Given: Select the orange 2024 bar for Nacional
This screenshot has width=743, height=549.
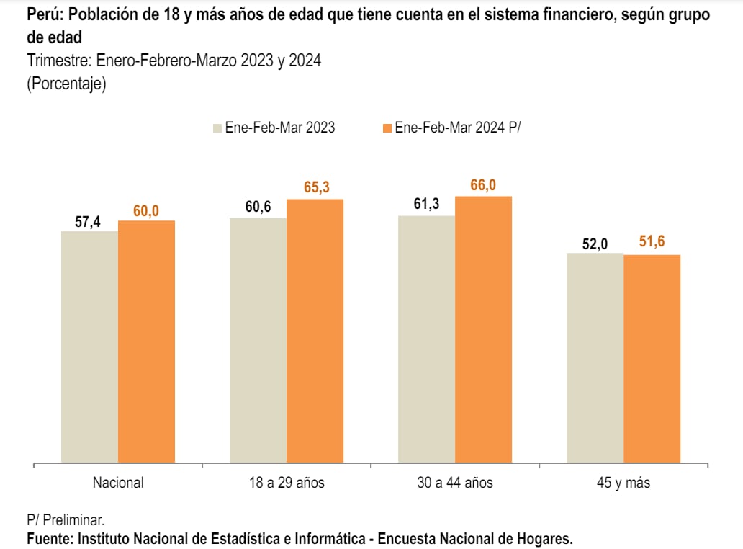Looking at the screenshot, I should click(146, 342).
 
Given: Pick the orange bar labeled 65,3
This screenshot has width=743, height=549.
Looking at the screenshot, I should click(315, 331).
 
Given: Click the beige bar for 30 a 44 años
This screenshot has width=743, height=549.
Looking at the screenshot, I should click(426, 339).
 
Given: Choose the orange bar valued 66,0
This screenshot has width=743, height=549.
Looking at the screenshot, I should click(483, 329).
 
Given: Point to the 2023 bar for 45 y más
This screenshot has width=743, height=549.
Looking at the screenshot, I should click(595, 358).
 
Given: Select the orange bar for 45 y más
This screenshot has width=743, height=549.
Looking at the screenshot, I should click(652, 359).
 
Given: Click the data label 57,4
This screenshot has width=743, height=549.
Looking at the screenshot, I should click(88, 221).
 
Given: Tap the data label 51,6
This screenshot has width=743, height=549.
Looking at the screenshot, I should click(652, 242).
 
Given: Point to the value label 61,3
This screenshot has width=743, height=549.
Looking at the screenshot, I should click(425, 205).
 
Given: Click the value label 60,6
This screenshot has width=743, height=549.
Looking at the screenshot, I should click(257, 207).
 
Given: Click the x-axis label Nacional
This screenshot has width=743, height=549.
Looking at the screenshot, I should click(118, 483).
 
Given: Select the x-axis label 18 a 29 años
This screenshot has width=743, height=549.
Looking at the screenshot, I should click(286, 483).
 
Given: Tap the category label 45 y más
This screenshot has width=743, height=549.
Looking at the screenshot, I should click(623, 483).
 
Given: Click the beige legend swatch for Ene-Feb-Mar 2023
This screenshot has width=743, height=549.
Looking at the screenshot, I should click(217, 128).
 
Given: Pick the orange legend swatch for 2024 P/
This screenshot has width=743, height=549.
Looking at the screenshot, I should click(387, 128).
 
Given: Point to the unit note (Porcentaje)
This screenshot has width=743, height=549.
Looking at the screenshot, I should click(66, 84).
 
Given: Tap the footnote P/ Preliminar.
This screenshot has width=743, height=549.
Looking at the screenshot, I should click(65, 519).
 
